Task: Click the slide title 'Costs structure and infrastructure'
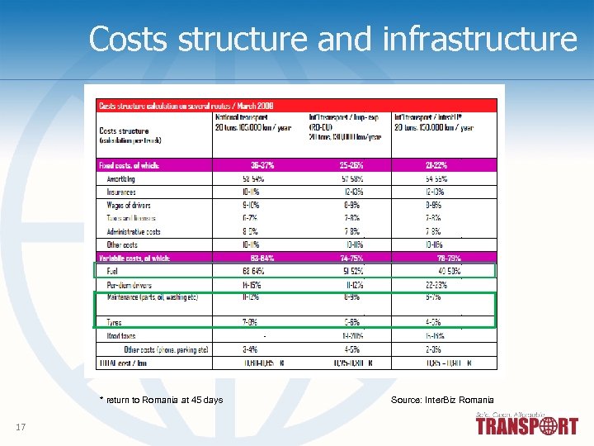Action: point(333,39)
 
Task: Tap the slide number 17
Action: point(21,426)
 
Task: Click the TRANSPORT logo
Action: point(526,426)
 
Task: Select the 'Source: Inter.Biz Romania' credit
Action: point(442,400)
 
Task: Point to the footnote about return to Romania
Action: point(161,400)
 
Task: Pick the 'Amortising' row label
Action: point(122,178)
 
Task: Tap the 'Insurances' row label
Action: point(122,192)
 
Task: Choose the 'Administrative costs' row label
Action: point(134,232)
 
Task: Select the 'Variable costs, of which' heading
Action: point(134,259)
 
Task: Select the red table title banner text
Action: point(186,106)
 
